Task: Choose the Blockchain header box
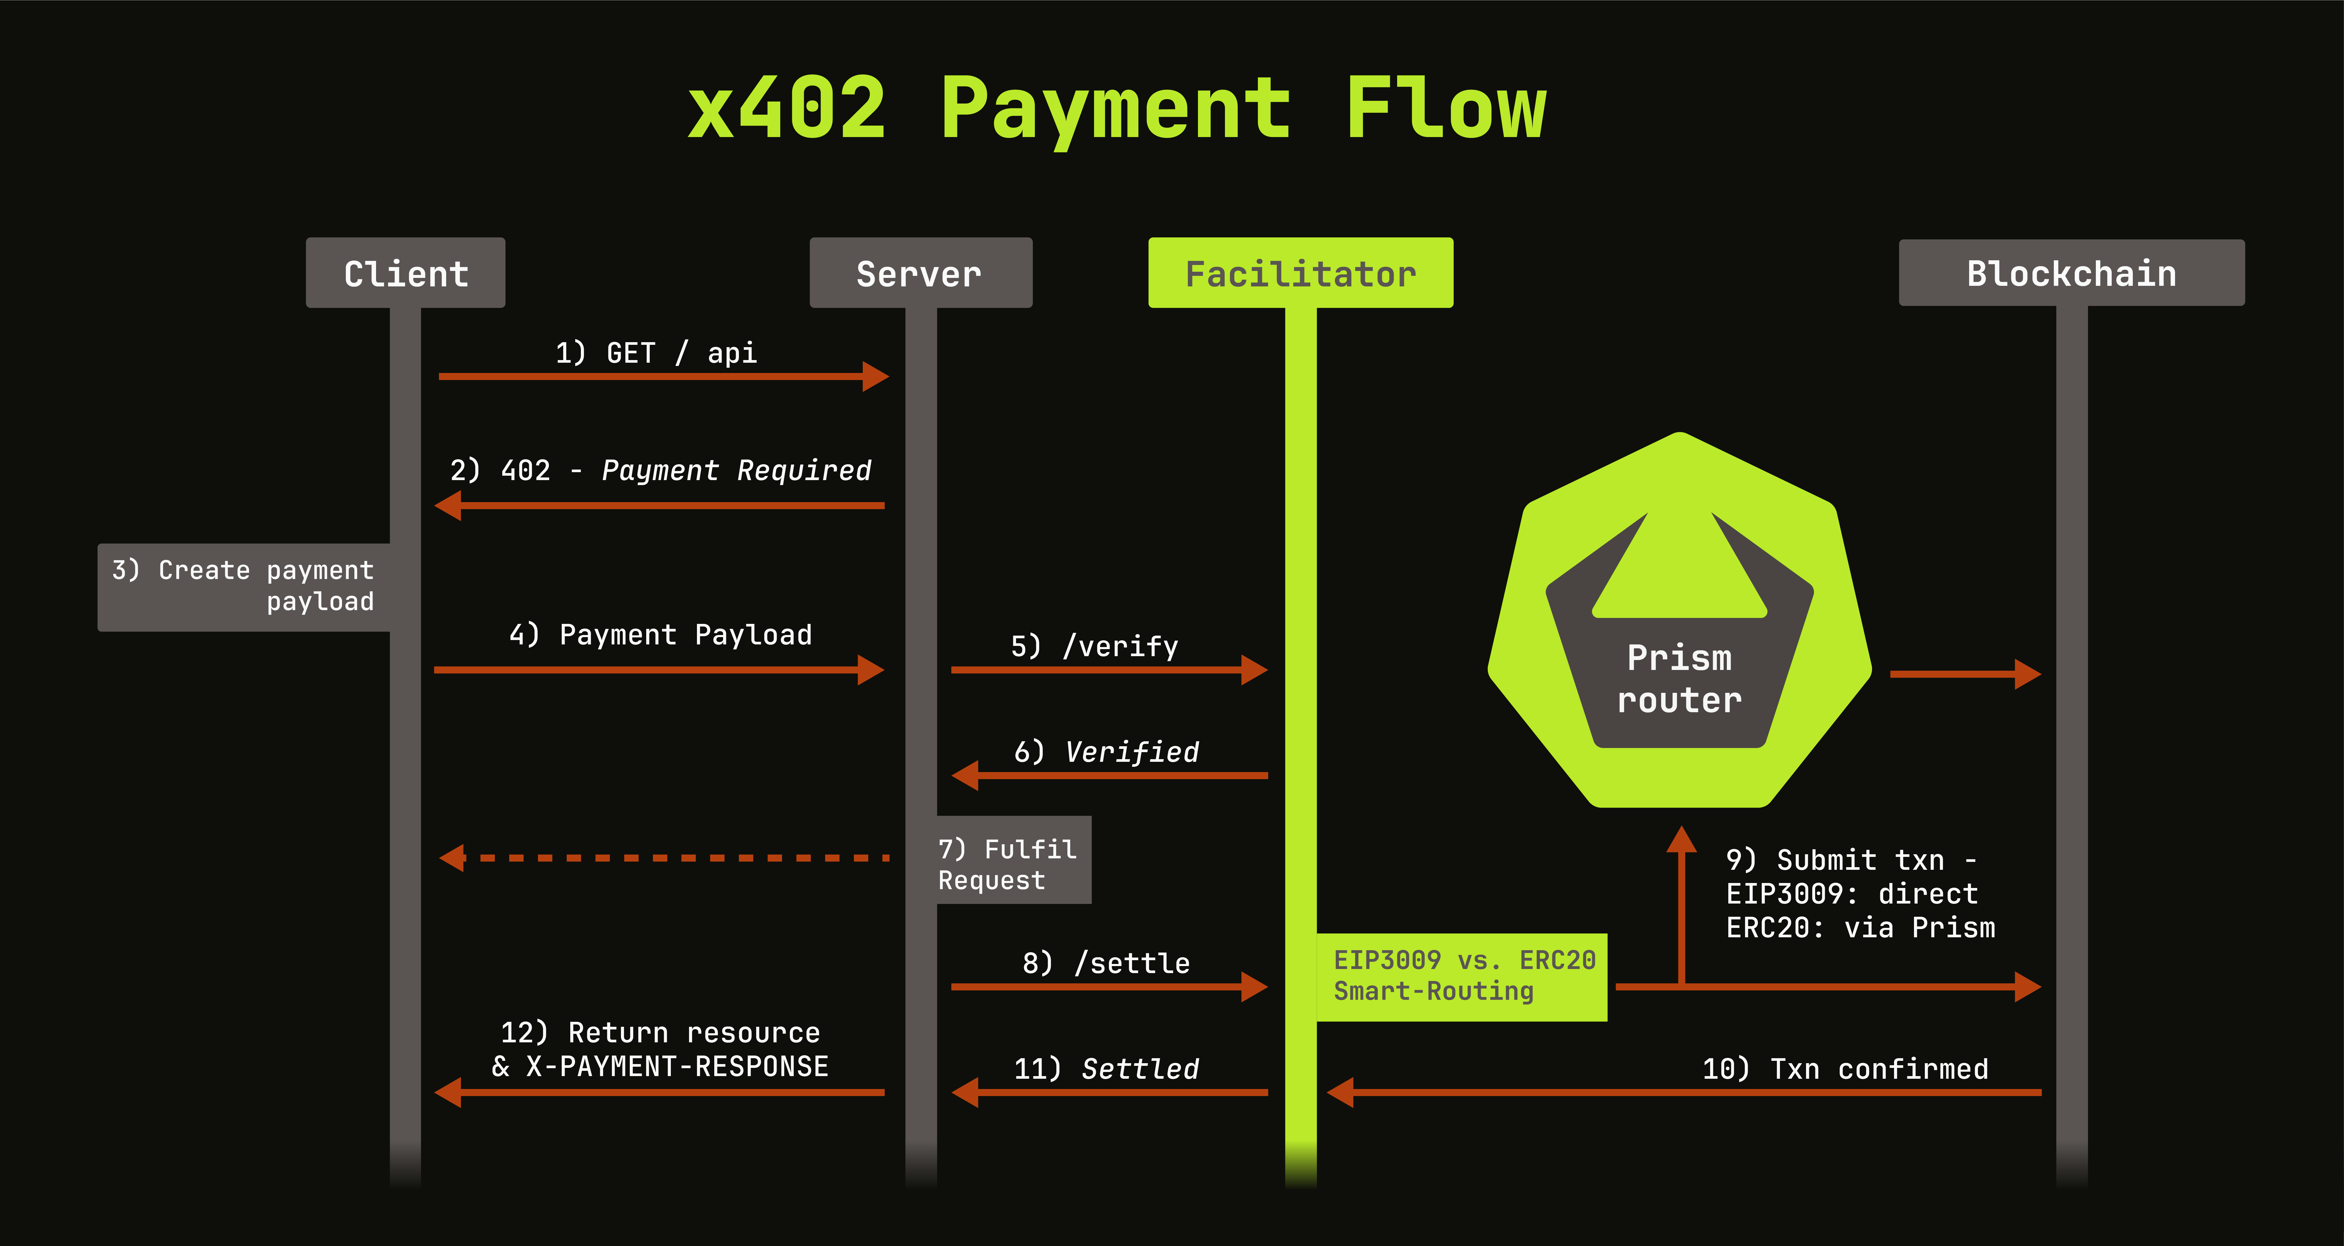click(2071, 273)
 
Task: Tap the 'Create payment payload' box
click(244, 586)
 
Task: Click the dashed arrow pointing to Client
click(664, 857)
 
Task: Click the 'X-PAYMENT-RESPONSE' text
click(677, 1067)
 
